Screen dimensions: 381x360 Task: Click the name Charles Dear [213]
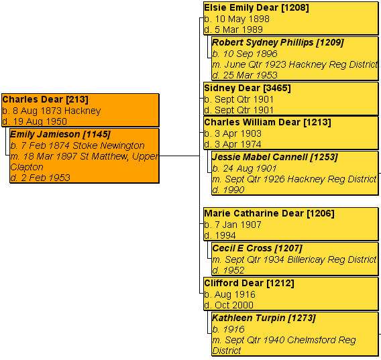[45, 100]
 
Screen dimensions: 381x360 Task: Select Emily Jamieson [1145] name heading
[60, 134]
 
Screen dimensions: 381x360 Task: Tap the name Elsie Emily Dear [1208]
[256, 8]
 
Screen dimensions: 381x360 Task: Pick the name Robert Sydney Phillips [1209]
[278, 43]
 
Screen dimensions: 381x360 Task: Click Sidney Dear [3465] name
[248, 88]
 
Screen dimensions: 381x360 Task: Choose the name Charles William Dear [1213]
[268, 123]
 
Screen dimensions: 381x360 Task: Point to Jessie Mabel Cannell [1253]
[275, 157]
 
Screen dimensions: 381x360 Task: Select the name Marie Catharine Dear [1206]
[269, 214]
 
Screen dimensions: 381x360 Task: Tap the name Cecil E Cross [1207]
[257, 249]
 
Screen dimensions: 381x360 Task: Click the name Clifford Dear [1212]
[249, 283]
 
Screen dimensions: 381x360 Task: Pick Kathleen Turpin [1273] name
[264, 318]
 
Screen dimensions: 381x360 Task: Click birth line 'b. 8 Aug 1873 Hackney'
[52, 111]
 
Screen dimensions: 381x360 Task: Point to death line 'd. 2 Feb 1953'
[40, 178]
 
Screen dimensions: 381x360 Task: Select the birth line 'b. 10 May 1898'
[237, 19]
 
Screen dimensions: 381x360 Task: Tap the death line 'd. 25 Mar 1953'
[245, 75]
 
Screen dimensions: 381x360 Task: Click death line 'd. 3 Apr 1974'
[233, 144]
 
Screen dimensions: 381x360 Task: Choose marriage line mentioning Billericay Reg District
[294, 259]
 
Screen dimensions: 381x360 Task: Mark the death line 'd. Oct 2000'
[229, 305]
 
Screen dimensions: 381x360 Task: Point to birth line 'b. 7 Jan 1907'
[233, 225]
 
